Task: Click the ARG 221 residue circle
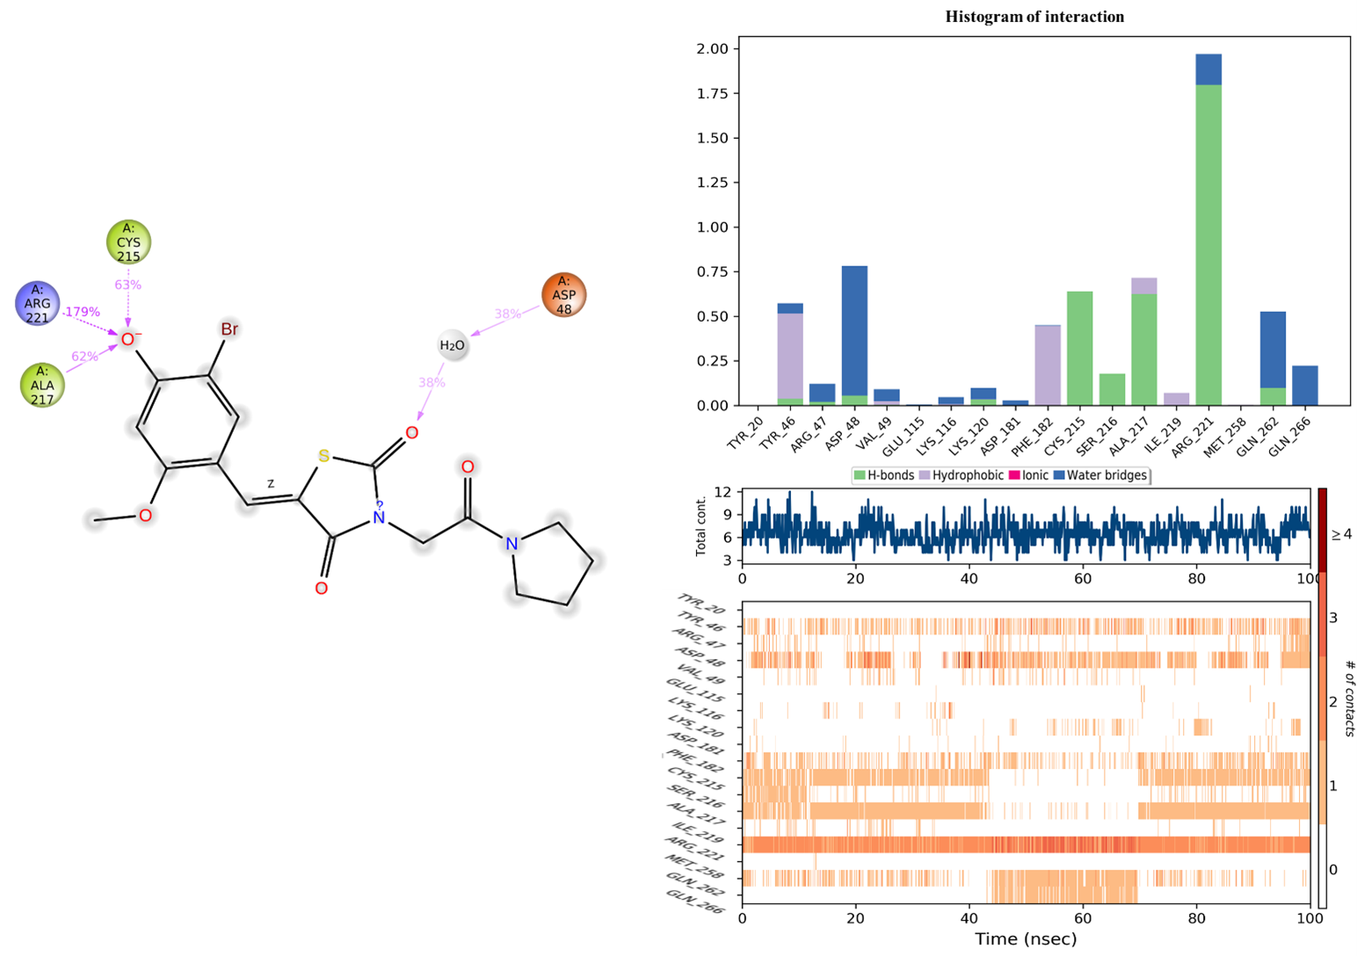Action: [x=38, y=303]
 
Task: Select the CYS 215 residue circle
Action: [x=128, y=243]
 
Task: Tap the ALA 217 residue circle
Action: [x=42, y=385]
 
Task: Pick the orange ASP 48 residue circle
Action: [x=563, y=294]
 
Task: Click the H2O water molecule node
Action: [x=452, y=345]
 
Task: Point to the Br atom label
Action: [x=229, y=330]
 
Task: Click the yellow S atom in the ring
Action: [x=323, y=456]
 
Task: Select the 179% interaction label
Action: [x=82, y=312]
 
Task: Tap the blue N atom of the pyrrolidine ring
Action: [x=512, y=545]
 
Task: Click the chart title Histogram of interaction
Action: [x=1034, y=17]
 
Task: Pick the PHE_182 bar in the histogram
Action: [x=1049, y=366]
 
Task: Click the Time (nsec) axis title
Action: [x=1025, y=939]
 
